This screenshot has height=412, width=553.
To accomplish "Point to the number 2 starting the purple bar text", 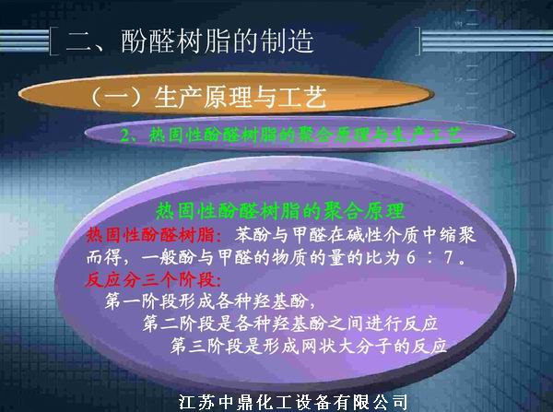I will coord(127,135).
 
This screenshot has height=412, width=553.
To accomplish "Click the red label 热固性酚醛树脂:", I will coord(152,232).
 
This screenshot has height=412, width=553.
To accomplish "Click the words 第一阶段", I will coord(142,301).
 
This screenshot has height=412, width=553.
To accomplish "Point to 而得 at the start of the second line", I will coord(100,255).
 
